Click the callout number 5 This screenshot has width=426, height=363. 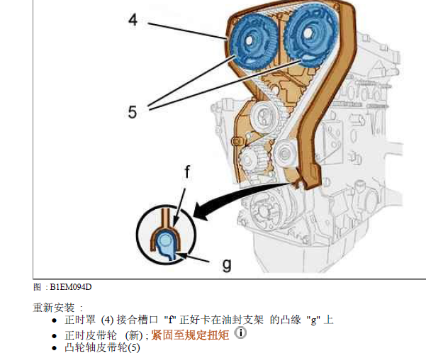[x=133, y=111]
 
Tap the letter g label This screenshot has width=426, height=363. [x=227, y=264]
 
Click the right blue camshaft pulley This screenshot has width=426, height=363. [x=310, y=37]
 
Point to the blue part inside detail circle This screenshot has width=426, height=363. [x=165, y=242]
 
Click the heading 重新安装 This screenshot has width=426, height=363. [x=57, y=308]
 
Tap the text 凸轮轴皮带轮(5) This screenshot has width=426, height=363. [x=102, y=347]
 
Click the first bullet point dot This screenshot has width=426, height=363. [x=55, y=320]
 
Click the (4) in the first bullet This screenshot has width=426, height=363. [x=108, y=320]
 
